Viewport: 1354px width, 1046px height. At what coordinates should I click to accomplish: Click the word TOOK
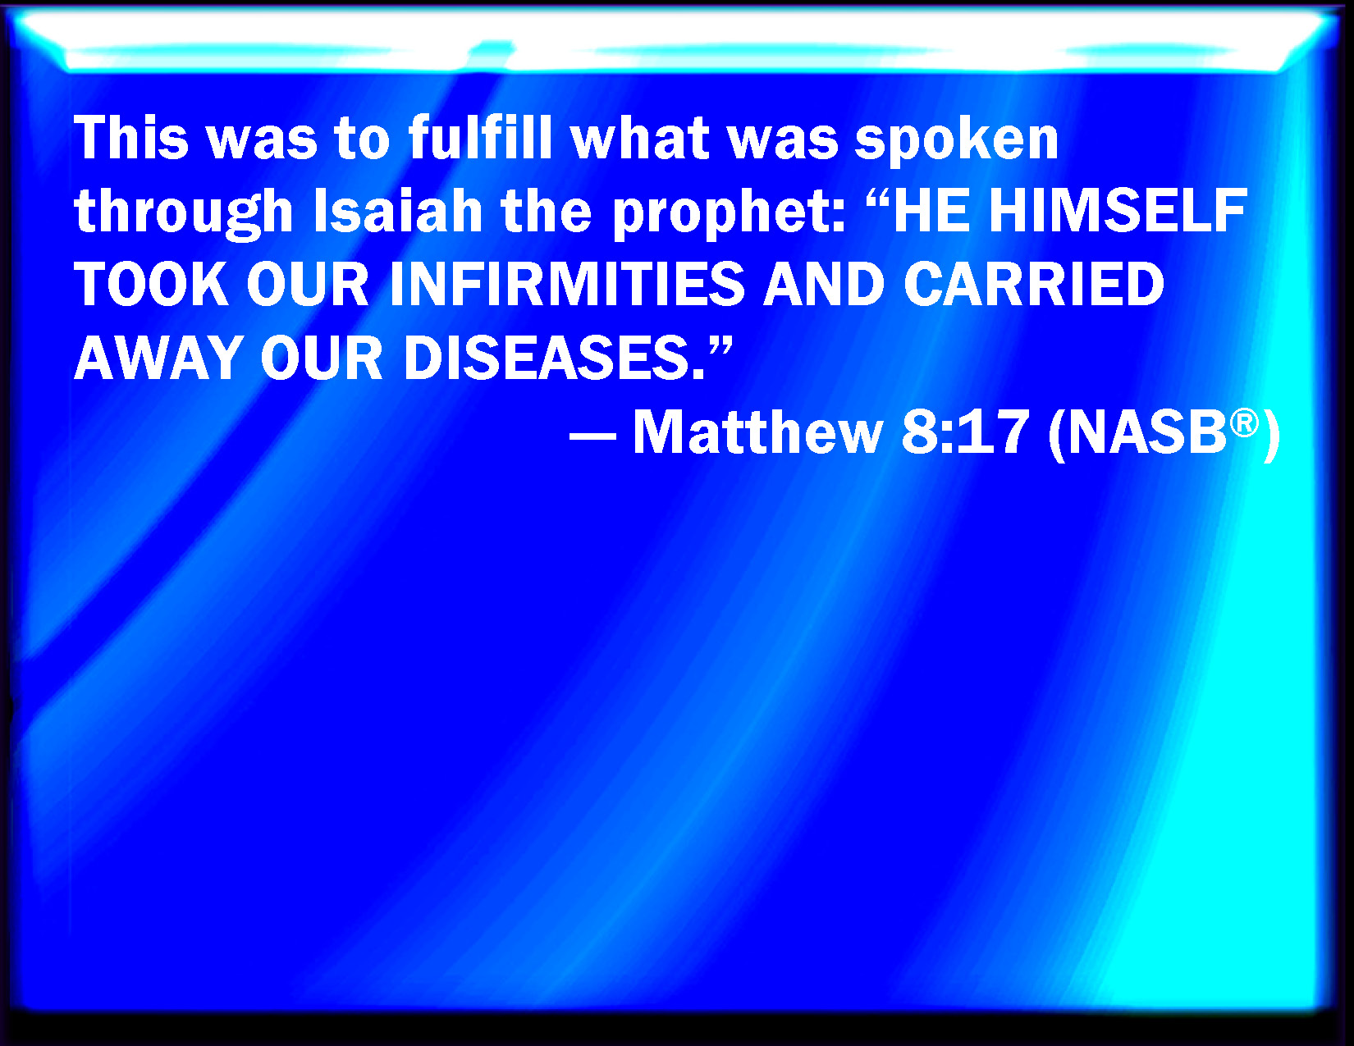click(152, 284)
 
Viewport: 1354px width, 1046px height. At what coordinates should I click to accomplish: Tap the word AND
click(824, 284)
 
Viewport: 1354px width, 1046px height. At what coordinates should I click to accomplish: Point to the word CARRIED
click(1034, 284)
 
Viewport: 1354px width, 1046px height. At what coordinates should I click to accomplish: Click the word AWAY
click(158, 358)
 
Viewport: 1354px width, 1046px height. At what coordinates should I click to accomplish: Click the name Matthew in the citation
click(758, 432)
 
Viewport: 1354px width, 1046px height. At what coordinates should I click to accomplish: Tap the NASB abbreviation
click(1147, 432)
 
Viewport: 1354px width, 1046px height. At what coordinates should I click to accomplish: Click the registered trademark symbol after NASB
click(1244, 423)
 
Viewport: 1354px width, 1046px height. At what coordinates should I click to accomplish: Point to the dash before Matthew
click(592, 436)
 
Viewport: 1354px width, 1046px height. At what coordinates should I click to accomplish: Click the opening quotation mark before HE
click(877, 198)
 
